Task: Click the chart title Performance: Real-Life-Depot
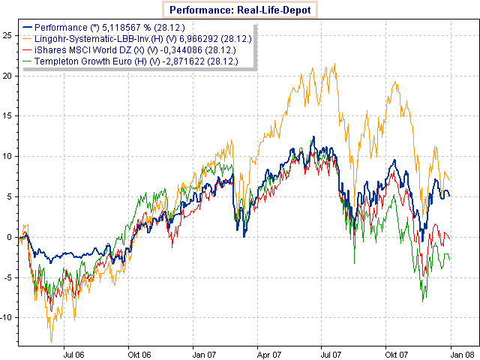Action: (x=240, y=10)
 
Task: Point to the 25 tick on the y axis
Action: (x=6, y=35)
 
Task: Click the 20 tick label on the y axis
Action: (x=6, y=76)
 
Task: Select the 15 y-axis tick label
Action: (x=6, y=116)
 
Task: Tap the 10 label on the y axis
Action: (x=6, y=157)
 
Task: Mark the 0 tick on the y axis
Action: (x=8, y=237)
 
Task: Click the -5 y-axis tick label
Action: (x=7, y=277)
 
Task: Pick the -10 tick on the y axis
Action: (x=6, y=318)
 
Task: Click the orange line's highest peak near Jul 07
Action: (x=334, y=64)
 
